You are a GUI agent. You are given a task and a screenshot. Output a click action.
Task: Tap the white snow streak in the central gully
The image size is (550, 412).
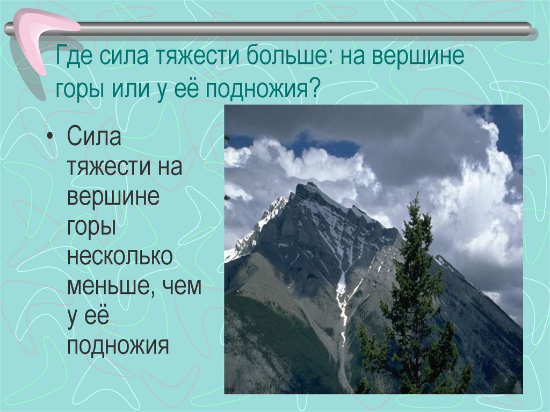point(341,301)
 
